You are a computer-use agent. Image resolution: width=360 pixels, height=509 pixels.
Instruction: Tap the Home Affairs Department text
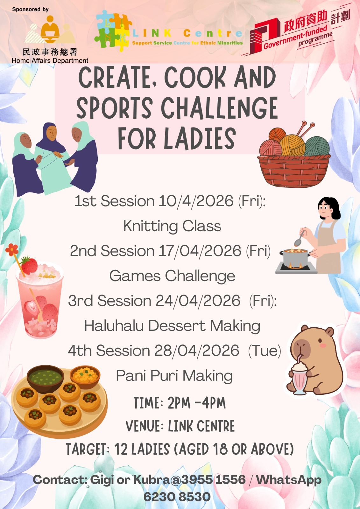point(50,61)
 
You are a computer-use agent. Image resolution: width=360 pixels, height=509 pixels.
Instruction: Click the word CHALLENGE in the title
point(219,108)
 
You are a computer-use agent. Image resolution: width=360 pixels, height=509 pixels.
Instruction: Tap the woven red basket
point(294,171)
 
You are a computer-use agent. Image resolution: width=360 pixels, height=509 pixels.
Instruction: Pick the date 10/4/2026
point(196,201)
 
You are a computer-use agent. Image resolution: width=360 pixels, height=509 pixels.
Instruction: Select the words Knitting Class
point(172,226)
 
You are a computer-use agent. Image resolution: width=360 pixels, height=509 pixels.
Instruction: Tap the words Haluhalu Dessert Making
point(172,326)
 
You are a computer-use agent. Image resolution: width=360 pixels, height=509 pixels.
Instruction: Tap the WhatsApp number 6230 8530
point(177,497)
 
